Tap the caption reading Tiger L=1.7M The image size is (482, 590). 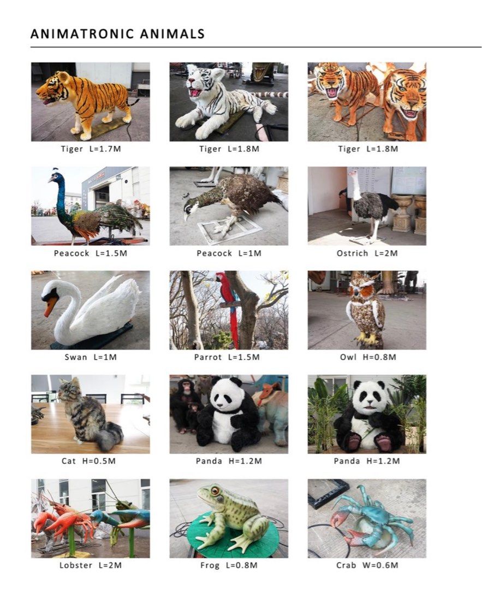click(90, 149)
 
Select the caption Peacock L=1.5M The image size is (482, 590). click(90, 253)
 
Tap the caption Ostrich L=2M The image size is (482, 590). click(367, 253)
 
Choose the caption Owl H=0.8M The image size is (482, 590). click(367, 357)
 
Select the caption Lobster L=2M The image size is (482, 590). click(90, 565)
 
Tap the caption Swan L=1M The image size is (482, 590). click(90, 357)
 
